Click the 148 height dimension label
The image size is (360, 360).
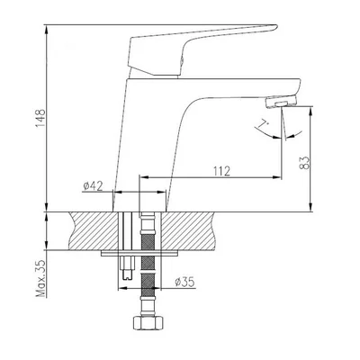click(x=40, y=118)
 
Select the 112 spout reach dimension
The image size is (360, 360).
click(x=222, y=171)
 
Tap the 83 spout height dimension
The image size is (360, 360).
click(x=304, y=162)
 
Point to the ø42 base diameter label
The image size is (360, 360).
click(x=93, y=186)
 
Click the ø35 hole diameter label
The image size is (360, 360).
click(x=184, y=282)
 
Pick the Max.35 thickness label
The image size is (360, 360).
click(x=41, y=278)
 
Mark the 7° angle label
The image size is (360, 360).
click(x=263, y=124)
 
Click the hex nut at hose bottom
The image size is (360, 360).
click(x=148, y=322)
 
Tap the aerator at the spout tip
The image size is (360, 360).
click(x=281, y=101)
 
